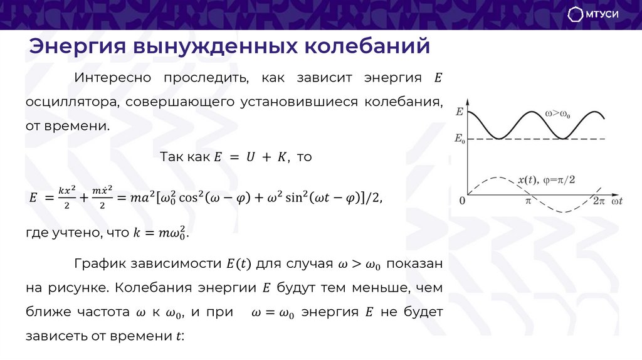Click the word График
coord(98,264)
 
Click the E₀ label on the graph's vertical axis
coord(460,138)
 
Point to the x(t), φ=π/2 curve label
coord(546,180)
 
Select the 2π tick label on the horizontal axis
coord(599,201)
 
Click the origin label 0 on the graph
coord(462,201)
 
